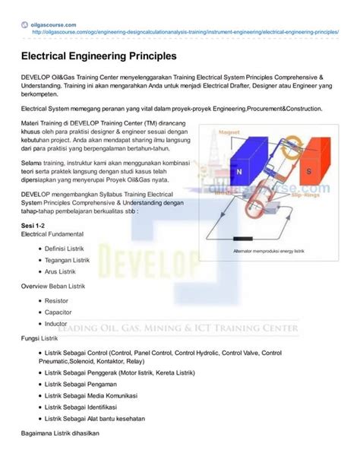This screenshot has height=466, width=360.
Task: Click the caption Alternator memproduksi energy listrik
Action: (x=270, y=249)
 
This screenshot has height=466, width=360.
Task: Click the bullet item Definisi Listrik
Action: (x=64, y=249)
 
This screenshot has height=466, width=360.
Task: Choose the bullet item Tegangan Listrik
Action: (x=67, y=259)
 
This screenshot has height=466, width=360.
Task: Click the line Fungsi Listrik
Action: (x=40, y=337)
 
